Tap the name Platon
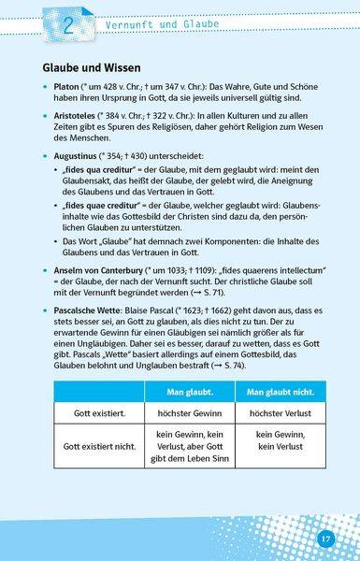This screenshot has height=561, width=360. [x=66, y=91]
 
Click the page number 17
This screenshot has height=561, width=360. [x=325, y=539]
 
